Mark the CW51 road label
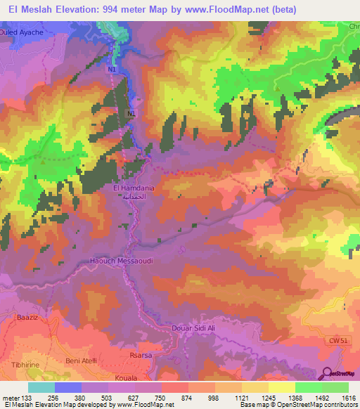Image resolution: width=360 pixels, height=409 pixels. coord(338,341)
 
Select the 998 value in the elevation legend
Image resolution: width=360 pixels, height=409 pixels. coord(203,397)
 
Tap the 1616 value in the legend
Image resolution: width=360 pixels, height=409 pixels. coord(348,397)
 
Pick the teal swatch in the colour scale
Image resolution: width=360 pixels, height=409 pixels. coord(41,387)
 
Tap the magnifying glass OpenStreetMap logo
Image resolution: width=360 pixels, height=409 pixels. coord(326,372)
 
